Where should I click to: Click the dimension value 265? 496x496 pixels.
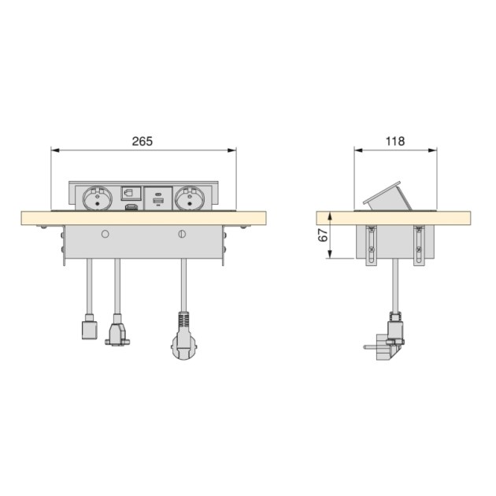[142, 141]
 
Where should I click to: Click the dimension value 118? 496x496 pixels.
[394, 141]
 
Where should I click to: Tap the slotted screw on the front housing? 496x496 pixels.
[183, 235]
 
